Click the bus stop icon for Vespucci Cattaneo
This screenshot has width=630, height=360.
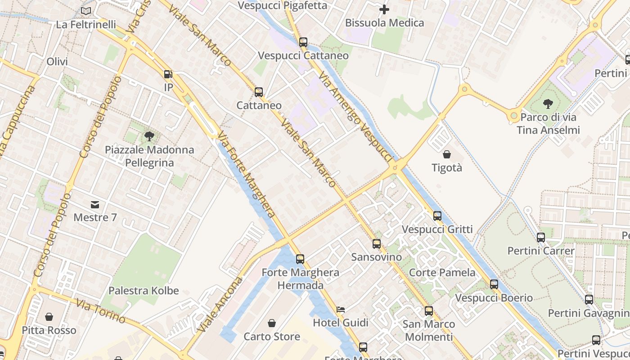pos(303,42)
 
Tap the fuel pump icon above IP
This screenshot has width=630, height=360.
pos(168,74)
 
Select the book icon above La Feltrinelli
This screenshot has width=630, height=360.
pos(86,11)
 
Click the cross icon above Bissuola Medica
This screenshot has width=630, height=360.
pos(384,9)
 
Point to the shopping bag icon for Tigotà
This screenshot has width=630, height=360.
pos(447,154)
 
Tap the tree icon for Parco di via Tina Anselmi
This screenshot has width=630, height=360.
pos(548,104)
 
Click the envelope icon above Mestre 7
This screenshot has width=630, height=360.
pos(95,205)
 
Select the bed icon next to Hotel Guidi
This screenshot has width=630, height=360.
pos(341,310)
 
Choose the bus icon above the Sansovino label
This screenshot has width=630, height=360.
pos(377,244)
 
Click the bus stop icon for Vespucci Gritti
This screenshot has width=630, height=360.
pos(437,216)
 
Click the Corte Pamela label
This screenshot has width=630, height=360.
pos(442,273)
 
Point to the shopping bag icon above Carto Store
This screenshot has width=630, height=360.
pos(272,323)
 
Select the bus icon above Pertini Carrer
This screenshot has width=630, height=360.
pos(541,237)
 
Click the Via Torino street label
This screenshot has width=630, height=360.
pos(100,311)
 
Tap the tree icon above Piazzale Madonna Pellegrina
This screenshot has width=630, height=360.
pos(149,136)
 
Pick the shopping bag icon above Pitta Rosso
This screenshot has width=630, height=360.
pos(49,317)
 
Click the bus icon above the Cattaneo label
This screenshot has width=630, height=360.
pos(259,92)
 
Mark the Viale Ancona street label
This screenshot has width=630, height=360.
pos(220,305)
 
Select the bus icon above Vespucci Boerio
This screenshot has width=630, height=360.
pos(494,284)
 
